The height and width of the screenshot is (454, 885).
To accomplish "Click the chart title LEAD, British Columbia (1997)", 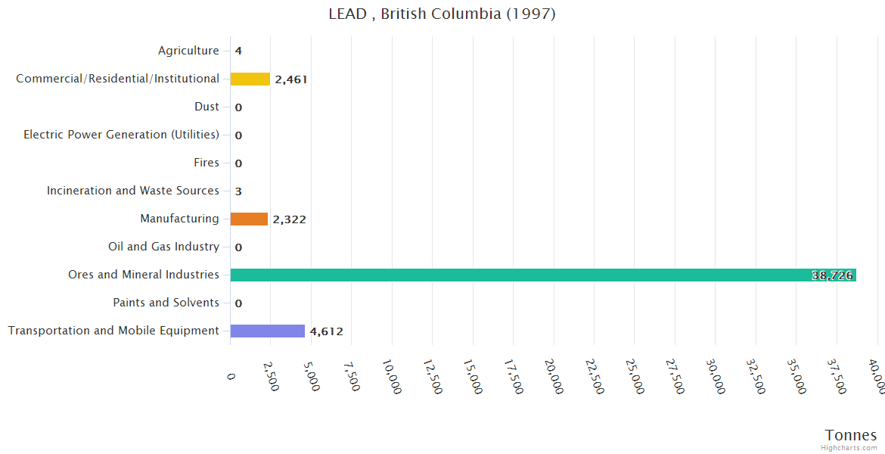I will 442,14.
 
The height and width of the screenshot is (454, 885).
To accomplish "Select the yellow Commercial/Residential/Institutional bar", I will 250,79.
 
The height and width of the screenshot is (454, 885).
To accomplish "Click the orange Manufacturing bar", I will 249,219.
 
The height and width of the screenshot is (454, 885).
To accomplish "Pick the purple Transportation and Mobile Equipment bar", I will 267,331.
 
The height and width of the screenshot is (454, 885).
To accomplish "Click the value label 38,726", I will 832,275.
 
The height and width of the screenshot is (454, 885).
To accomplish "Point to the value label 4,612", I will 327,331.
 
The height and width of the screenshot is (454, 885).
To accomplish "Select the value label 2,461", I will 291,79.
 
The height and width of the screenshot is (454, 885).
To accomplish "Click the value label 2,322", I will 289,219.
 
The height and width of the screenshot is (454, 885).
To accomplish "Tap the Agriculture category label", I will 188,51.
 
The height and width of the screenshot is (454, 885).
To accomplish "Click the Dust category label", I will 206,107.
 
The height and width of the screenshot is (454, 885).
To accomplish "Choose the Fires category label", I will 206,163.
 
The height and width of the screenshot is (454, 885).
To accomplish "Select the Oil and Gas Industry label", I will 163,247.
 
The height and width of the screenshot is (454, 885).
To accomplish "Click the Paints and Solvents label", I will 166,303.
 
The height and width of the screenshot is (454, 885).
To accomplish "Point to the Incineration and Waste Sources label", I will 133,191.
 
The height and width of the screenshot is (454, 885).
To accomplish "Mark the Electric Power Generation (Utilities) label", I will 121,135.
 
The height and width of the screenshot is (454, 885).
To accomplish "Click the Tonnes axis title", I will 851,435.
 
